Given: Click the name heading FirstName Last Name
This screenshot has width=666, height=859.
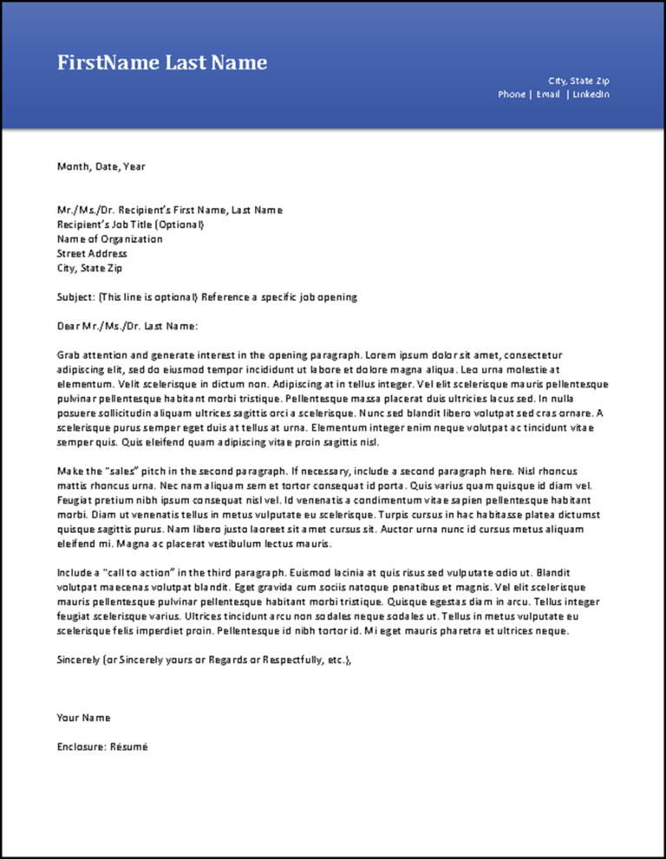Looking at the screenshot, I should (x=162, y=62).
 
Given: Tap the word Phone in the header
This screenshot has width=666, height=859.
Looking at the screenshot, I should (x=511, y=94).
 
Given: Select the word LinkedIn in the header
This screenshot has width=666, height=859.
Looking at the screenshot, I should (x=591, y=94).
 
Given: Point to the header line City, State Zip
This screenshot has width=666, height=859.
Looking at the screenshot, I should (x=578, y=81).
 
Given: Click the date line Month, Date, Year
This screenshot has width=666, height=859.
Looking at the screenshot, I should (x=101, y=166).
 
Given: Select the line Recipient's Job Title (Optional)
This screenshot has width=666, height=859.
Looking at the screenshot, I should (x=131, y=225).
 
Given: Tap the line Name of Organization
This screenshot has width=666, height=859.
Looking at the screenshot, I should (x=109, y=239).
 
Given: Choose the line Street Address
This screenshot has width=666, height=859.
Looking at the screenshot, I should (x=92, y=254).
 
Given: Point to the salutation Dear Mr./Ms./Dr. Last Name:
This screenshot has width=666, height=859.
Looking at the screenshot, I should (x=127, y=326).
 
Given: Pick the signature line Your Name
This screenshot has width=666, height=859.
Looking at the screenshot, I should (x=84, y=718).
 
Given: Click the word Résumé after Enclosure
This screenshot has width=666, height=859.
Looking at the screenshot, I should (x=129, y=746).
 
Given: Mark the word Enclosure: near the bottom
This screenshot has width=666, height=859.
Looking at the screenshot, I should (x=82, y=746).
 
